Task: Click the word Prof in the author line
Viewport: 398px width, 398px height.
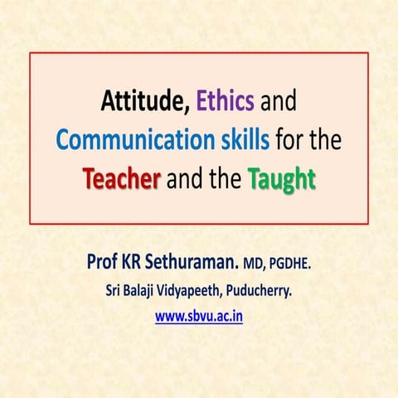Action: point(103,265)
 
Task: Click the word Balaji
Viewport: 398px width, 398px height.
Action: point(144,292)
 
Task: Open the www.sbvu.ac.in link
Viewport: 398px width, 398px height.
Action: point(199,316)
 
